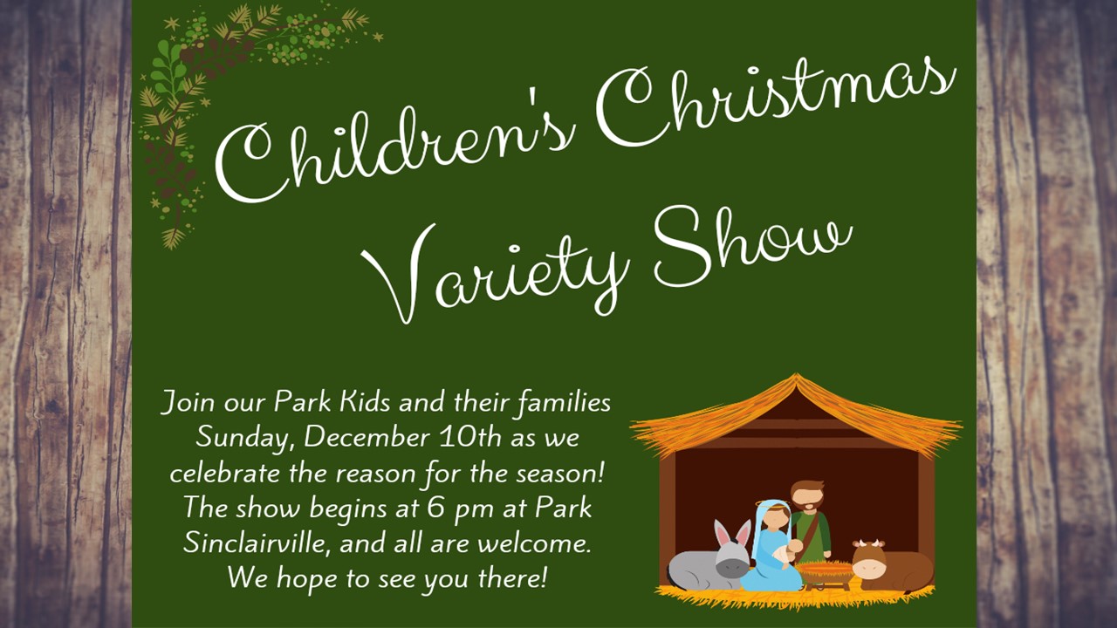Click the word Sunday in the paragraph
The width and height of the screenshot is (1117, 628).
(x=243, y=438)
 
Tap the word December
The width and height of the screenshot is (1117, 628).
(x=366, y=437)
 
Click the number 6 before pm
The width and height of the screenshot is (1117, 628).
(x=435, y=508)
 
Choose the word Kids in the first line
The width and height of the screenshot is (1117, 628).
(x=365, y=402)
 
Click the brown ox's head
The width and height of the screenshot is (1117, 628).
(x=868, y=560)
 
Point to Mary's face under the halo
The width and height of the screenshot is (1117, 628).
(x=776, y=520)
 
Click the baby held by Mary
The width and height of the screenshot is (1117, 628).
(x=788, y=552)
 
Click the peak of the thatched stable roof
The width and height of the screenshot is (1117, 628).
(x=797, y=375)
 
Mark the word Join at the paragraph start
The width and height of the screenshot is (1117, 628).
(x=188, y=403)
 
